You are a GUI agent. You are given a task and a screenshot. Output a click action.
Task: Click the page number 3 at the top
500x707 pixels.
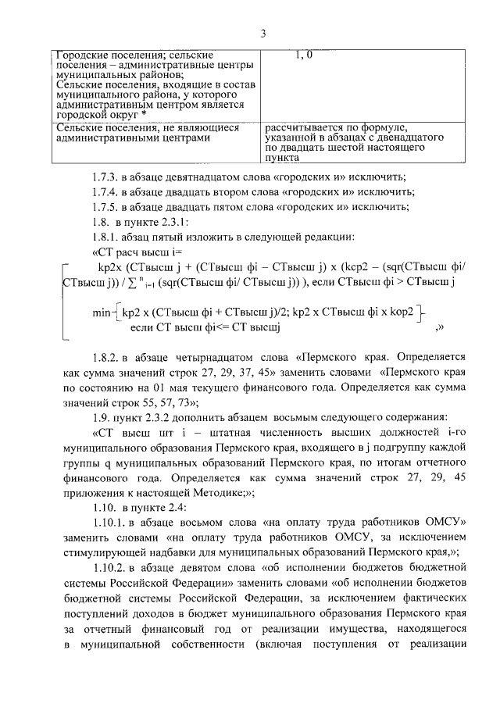pyautogui.click(x=263, y=33)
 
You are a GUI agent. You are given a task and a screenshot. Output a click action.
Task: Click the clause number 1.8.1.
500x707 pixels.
pyautogui.click(x=106, y=236)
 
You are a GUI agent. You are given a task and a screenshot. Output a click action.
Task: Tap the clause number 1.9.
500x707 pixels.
pyautogui.click(x=101, y=416)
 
